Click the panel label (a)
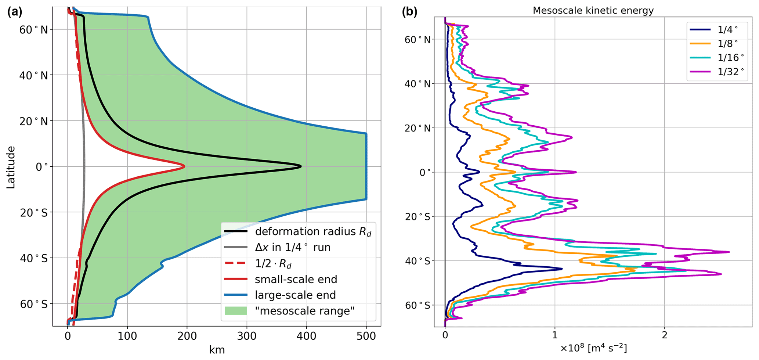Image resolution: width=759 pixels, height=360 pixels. pos(15,12)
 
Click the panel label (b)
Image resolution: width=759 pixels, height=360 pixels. pos(409,12)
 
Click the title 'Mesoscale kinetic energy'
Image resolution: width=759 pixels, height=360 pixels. pos(593,10)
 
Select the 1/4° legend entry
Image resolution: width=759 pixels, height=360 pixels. pos(727,30)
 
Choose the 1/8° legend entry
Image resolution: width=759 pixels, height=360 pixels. pos(727,44)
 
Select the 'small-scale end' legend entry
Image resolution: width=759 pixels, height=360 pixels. pos(296,279)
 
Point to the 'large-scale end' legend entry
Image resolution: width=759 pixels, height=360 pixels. pos(295,295)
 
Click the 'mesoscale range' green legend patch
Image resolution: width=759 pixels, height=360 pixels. pos(235,311)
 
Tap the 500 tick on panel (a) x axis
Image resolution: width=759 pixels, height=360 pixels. pos(366,336)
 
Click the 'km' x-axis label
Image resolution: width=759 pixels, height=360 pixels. pos(217,350)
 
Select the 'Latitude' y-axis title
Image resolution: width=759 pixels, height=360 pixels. pos(11,167)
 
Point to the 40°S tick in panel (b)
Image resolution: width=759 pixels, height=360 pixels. pos(418,261)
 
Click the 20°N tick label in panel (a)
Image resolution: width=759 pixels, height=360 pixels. pos(34,121)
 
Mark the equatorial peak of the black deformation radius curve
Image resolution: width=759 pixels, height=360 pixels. pos(301,166)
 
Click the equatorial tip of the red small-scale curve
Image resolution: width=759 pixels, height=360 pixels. pos(184,166)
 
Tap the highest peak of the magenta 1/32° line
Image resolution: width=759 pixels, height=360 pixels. pos(729,252)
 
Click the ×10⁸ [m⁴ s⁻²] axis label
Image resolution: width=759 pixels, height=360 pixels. pos(593,348)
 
